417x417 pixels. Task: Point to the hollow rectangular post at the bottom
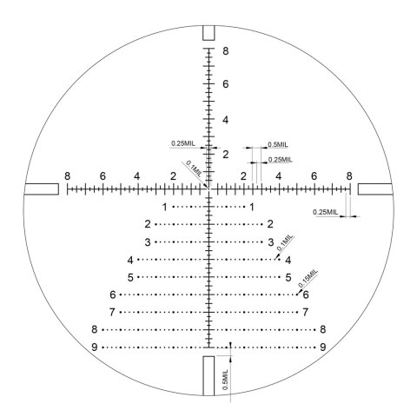coord(203,375)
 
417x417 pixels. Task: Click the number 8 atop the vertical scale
coord(226,51)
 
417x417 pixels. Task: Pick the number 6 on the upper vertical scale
coord(226,84)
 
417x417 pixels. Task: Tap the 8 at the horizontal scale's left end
coord(67,175)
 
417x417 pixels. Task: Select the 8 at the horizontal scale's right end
coord(349,175)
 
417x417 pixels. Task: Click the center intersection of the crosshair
coord(208,189)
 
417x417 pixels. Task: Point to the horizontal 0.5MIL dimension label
coord(278,144)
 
